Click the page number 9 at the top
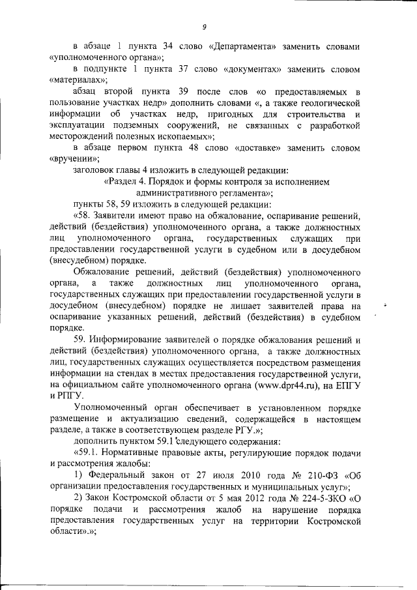click(204, 27)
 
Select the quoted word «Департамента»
click(244, 48)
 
